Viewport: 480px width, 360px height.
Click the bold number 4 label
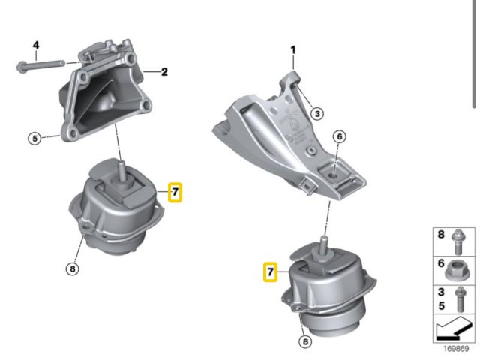[x=36, y=46]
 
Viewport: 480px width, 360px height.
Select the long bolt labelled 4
[x=40, y=65]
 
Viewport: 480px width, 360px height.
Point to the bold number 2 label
[x=164, y=72]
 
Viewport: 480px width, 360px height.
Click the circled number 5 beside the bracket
[x=35, y=138]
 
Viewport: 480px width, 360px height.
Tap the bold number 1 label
[x=293, y=50]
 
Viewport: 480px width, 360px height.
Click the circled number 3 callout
[x=317, y=114]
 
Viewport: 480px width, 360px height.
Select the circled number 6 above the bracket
[x=340, y=136]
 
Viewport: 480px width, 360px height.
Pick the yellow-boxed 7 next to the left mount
[x=175, y=192]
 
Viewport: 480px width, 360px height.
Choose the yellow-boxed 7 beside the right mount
[x=270, y=271]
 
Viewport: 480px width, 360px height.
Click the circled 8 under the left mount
[x=72, y=268]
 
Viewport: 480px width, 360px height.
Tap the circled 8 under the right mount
[x=305, y=341]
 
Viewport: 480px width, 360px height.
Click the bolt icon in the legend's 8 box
[x=458, y=241]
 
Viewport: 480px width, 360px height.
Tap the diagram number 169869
[x=456, y=348]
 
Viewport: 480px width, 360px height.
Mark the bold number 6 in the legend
[x=441, y=263]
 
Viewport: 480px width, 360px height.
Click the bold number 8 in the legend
[x=441, y=235]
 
